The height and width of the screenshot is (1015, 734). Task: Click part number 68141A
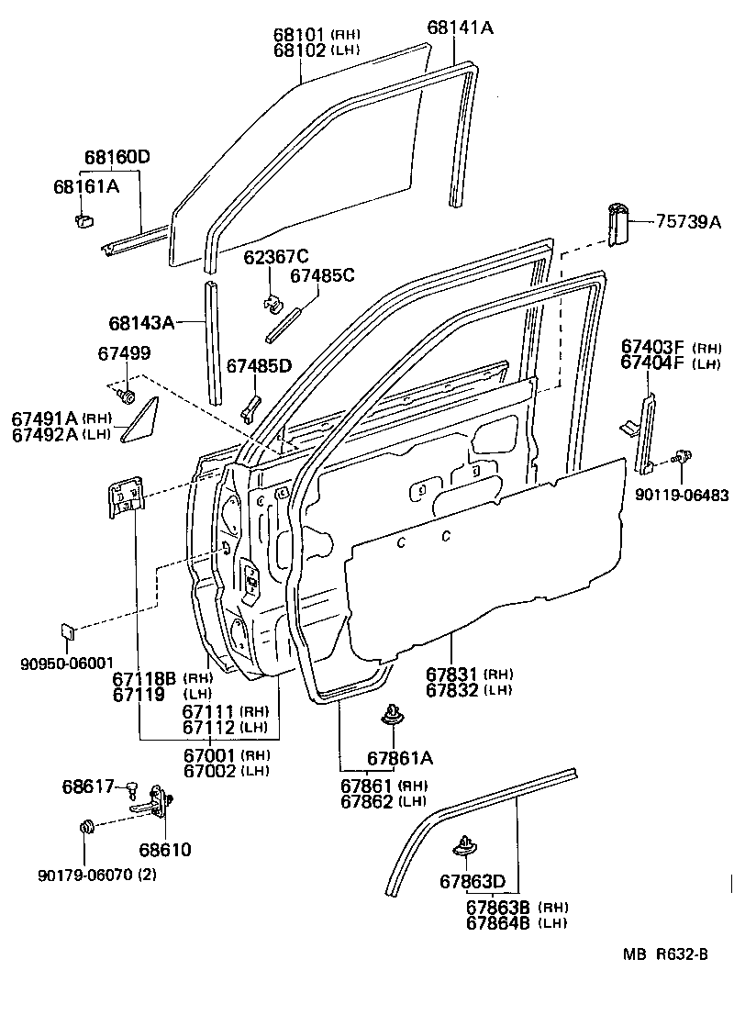460,28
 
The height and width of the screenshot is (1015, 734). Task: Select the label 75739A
688,221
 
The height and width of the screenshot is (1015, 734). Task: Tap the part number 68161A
85,187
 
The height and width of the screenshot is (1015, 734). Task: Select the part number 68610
165,850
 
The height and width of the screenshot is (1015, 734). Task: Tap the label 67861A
399,758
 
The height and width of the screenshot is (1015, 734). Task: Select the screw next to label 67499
127,396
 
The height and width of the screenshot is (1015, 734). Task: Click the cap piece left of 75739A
618,224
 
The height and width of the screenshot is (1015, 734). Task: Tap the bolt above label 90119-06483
681,456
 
